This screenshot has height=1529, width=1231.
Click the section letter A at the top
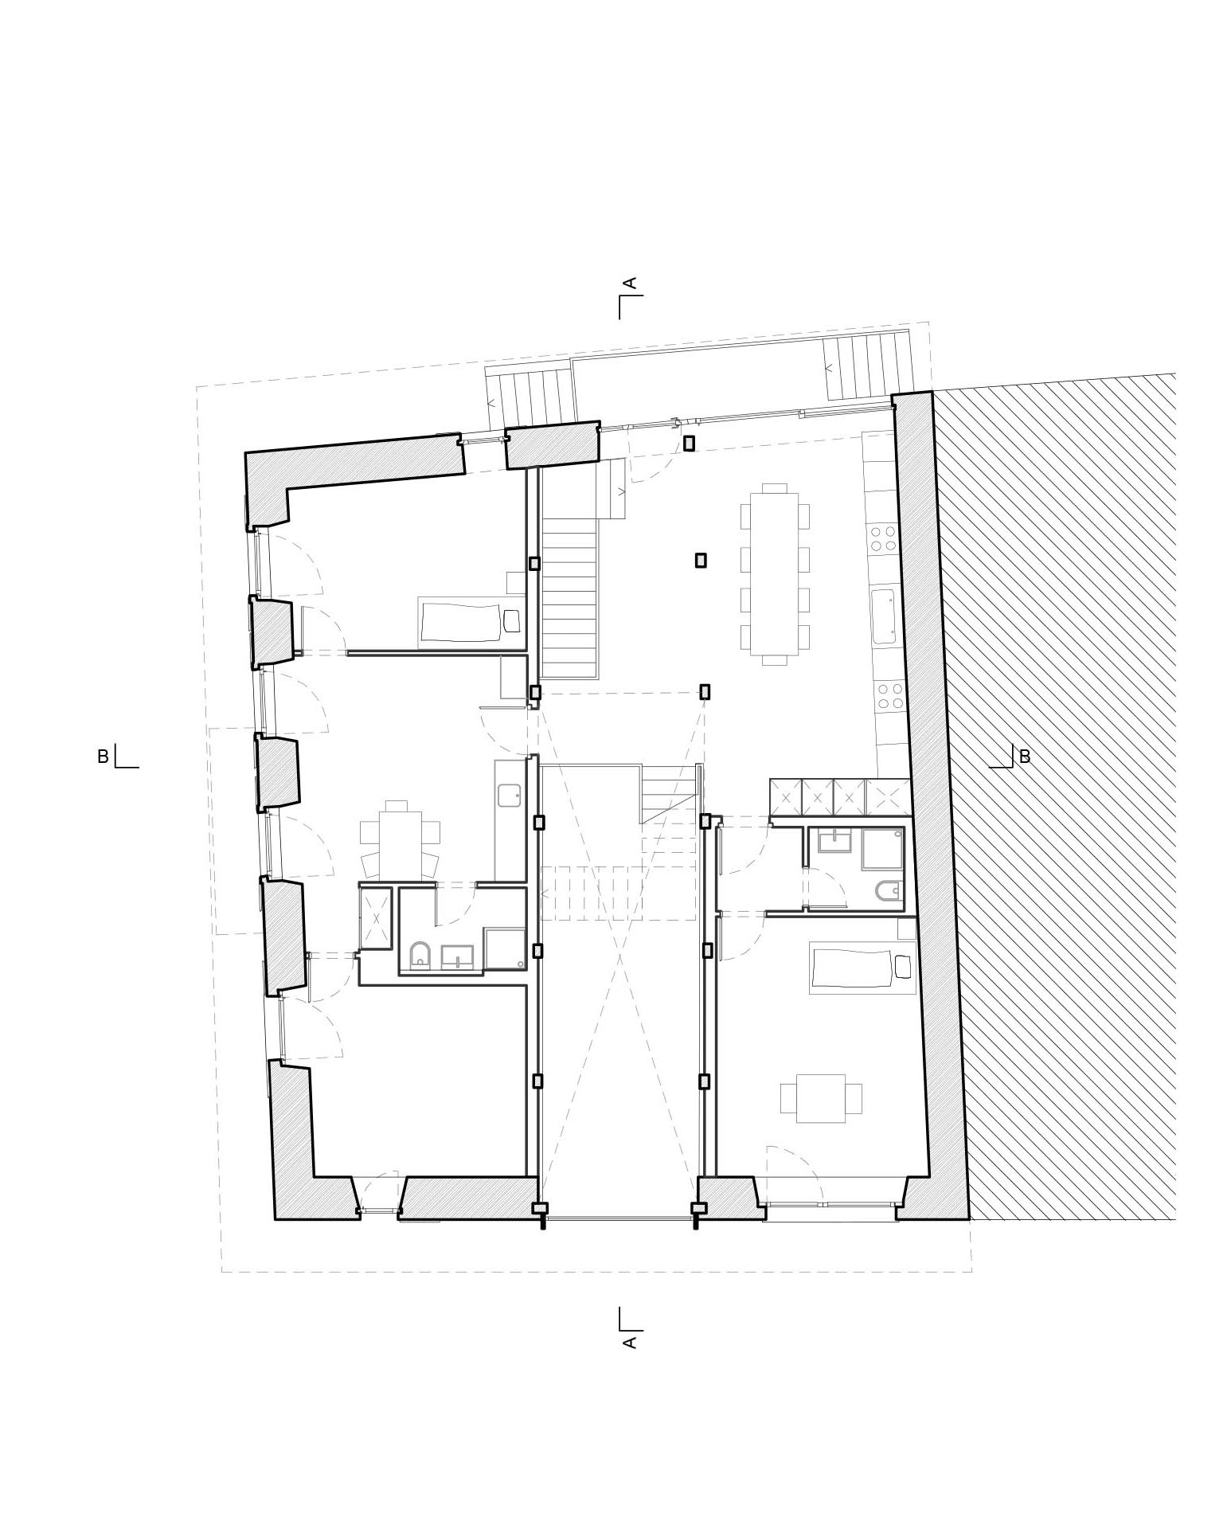tap(629, 283)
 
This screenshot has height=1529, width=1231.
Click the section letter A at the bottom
tap(629, 1343)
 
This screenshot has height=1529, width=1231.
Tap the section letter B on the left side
tap(103, 757)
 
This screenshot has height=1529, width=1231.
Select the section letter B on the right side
tap(1025, 757)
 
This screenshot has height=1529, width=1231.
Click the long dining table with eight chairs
tap(774, 573)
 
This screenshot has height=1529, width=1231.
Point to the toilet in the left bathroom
tap(420, 955)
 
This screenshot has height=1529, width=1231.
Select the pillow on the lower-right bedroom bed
tap(902, 967)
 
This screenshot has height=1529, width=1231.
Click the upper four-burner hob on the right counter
tap(882, 538)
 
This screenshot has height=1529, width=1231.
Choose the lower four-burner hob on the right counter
tap(888, 696)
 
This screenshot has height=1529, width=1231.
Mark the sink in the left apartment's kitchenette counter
tap(509, 794)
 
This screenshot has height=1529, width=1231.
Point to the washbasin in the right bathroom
tap(834, 840)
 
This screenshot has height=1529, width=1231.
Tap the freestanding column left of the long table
tap(701, 561)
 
